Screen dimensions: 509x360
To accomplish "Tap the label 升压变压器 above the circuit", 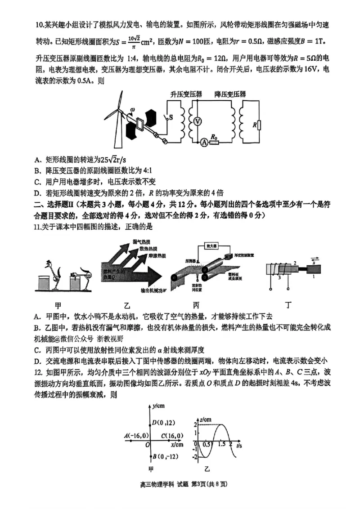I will click(x=186, y=95).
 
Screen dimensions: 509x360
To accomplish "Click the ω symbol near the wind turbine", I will click(x=132, y=110).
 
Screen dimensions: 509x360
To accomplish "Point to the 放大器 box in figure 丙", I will click(x=212, y=246).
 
